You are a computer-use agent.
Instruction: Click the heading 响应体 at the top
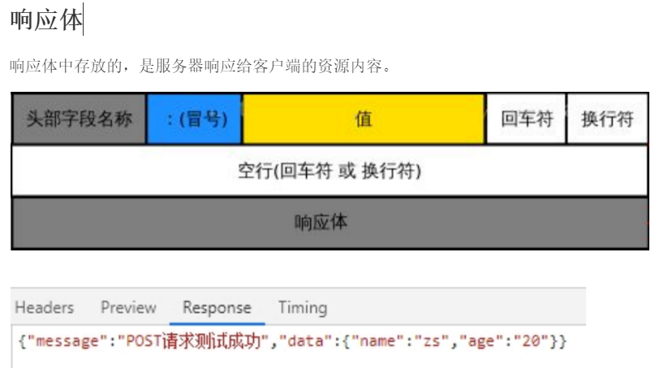[x=46, y=20]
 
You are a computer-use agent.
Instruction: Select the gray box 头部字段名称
[x=79, y=119]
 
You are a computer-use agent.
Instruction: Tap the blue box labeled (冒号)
[x=195, y=119]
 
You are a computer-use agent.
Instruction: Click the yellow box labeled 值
[x=364, y=119]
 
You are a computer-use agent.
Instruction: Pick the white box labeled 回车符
[x=526, y=119]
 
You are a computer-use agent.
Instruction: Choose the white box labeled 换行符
[x=607, y=119]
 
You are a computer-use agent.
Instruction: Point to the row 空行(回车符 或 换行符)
[x=329, y=171]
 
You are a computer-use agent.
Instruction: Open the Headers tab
[x=44, y=308]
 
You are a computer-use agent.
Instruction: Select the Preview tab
[x=128, y=308]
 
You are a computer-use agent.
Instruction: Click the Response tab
[x=217, y=308]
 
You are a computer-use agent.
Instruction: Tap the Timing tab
[x=302, y=308]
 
